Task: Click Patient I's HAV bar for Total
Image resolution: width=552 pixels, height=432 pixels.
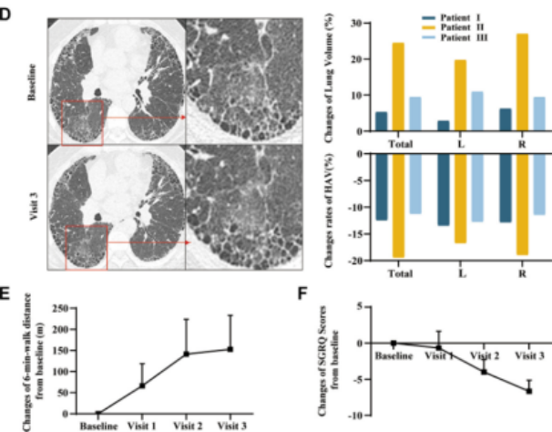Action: [382, 186]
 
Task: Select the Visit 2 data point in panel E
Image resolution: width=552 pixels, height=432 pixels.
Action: [186, 354]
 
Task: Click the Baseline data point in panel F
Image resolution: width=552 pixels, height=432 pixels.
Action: [393, 343]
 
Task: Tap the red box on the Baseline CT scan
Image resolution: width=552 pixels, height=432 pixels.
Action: [82, 123]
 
